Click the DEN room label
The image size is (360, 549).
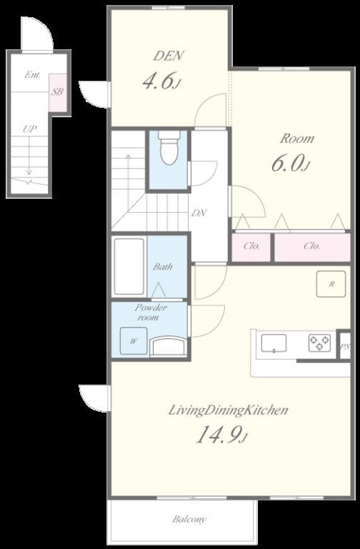click(x=169, y=56)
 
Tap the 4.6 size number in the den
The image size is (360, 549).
click(x=158, y=81)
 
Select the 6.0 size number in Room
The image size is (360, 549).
click(x=287, y=163)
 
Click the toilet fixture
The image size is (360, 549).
click(x=169, y=148)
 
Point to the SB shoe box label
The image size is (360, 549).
click(x=57, y=92)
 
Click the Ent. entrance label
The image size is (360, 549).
click(x=33, y=74)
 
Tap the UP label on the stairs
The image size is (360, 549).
click(x=30, y=129)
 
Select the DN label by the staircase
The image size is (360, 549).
click(x=199, y=213)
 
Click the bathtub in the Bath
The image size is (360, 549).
click(x=129, y=267)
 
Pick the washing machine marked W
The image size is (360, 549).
click(x=134, y=341)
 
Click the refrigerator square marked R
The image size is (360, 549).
click(x=331, y=284)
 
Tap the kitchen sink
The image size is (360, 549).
click(x=274, y=343)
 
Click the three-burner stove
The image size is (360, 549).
click(x=319, y=343)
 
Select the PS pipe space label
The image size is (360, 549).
click(x=345, y=347)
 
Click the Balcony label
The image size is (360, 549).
click(x=189, y=519)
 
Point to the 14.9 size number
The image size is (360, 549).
click(x=220, y=435)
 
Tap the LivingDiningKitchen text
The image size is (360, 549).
click(x=228, y=410)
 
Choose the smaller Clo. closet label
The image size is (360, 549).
click(x=251, y=246)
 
